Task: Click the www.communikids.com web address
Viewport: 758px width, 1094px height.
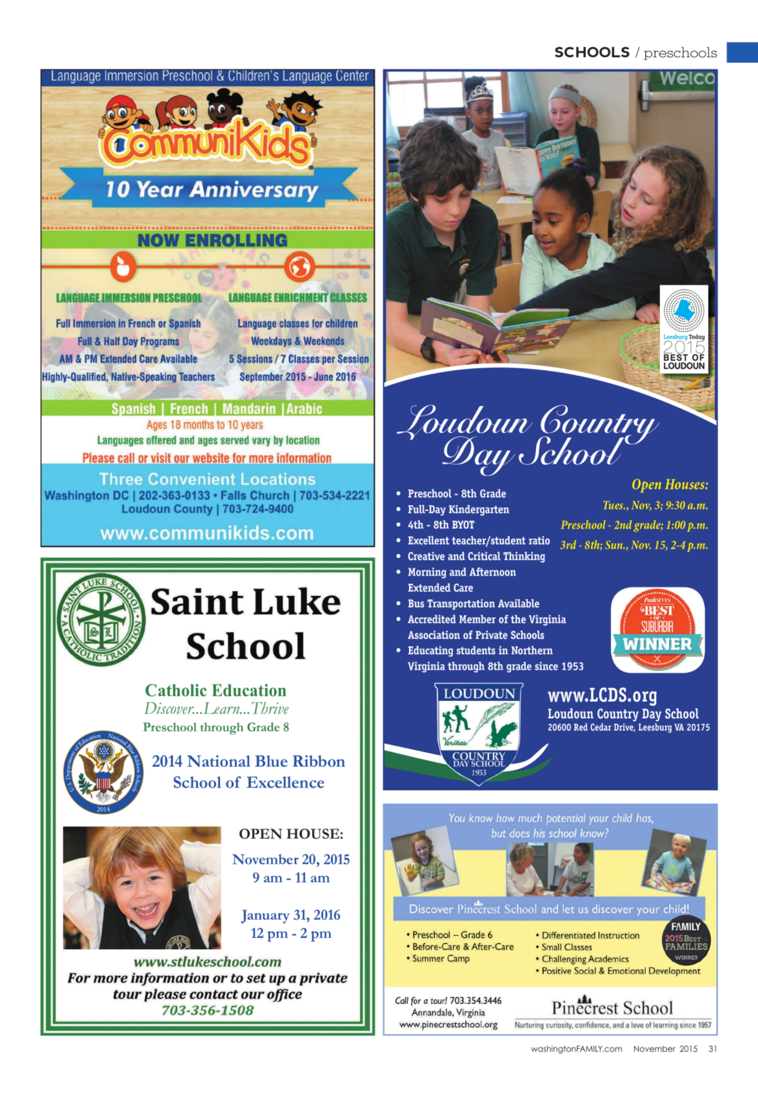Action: coord(207,533)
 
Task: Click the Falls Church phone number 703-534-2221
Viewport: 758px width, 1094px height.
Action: coord(334,496)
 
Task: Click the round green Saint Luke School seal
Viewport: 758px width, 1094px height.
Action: coord(101,619)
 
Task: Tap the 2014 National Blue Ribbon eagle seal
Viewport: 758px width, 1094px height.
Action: coord(103,772)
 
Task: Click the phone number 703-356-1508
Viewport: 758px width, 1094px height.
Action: coord(207,1010)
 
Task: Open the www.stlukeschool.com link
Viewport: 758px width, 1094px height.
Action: coord(207,962)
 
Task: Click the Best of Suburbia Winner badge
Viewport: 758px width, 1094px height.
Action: coord(657,630)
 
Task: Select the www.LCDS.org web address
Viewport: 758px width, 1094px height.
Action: coord(602,695)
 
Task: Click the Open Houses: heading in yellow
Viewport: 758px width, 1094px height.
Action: coord(670,485)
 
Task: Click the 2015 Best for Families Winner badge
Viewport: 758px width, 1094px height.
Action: coord(685,942)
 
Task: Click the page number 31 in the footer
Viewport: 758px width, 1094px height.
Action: coord(712,1048)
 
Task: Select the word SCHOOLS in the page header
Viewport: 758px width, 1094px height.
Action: coord(592,52)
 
